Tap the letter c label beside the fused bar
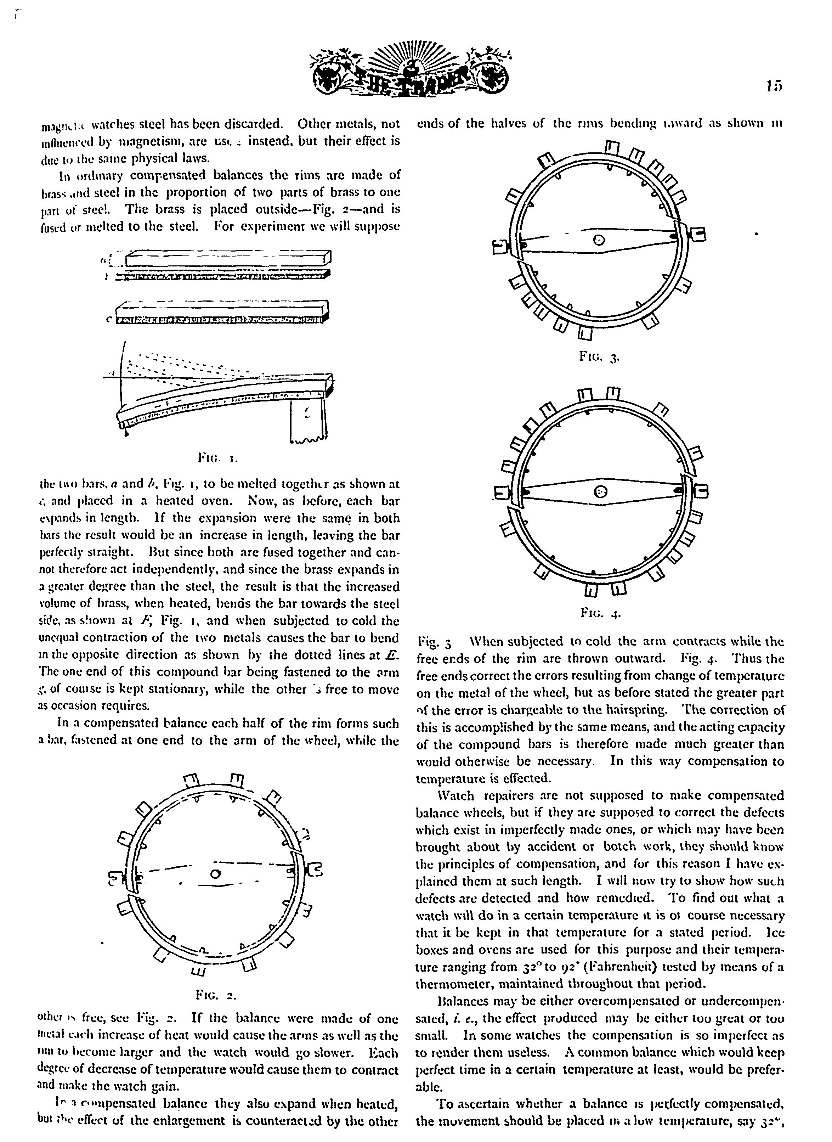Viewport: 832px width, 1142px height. click(109, 319)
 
